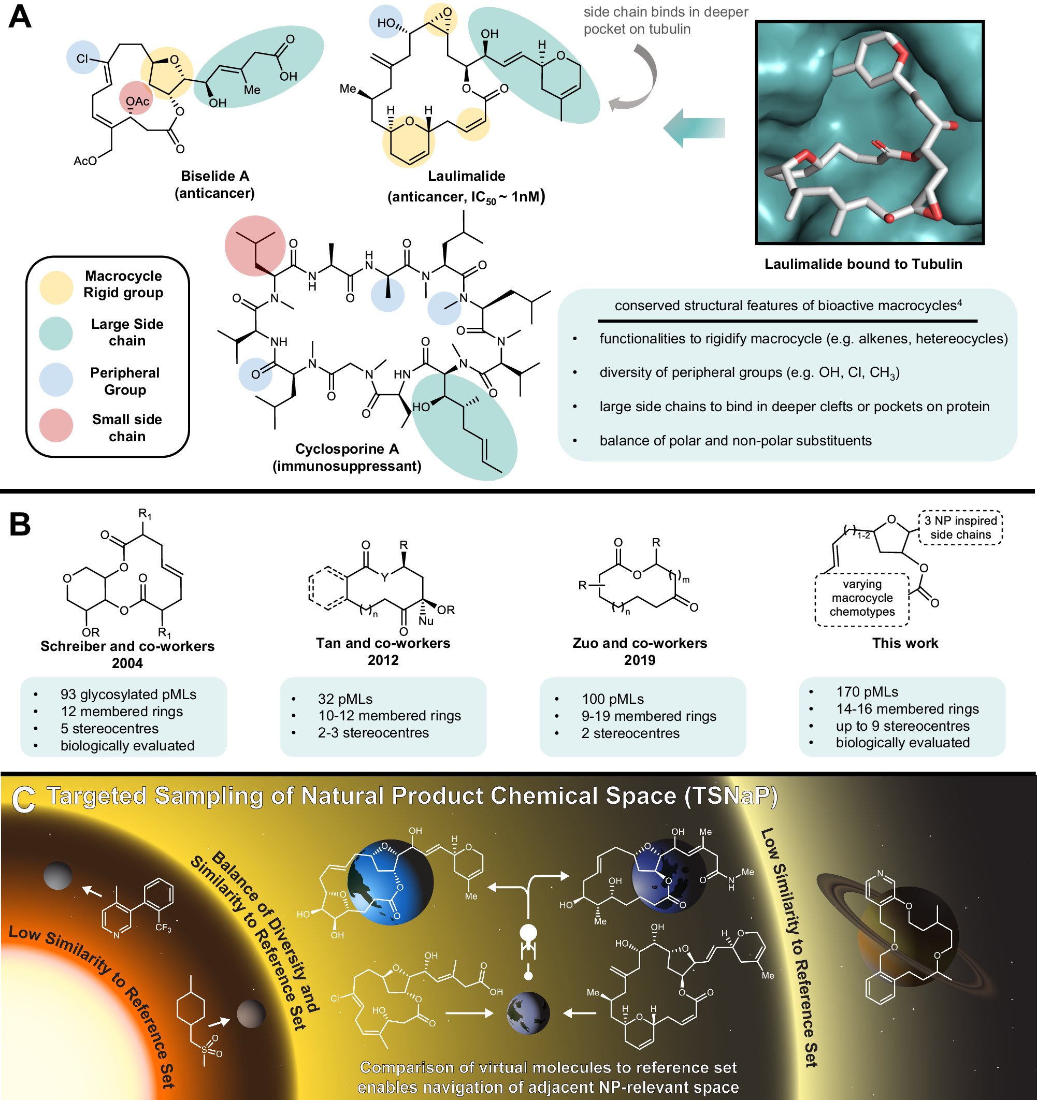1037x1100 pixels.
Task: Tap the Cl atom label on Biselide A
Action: [82, 58]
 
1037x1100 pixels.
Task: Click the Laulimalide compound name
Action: [466, 176]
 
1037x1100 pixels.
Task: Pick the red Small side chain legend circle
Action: [56, 425]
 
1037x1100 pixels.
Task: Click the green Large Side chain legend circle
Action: [56, 333]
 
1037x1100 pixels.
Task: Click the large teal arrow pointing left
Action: [694, 128]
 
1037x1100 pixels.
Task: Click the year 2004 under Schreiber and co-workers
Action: [127, 663]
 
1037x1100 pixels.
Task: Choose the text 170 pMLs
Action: [867, 692]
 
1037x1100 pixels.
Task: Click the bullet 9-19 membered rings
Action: [649, 716]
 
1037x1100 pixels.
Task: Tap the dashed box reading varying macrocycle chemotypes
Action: [861, 598]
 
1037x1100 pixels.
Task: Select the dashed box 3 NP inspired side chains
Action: [960, 527]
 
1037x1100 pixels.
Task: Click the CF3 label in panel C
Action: [163, 928]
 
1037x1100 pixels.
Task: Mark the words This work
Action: [905, 643]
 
